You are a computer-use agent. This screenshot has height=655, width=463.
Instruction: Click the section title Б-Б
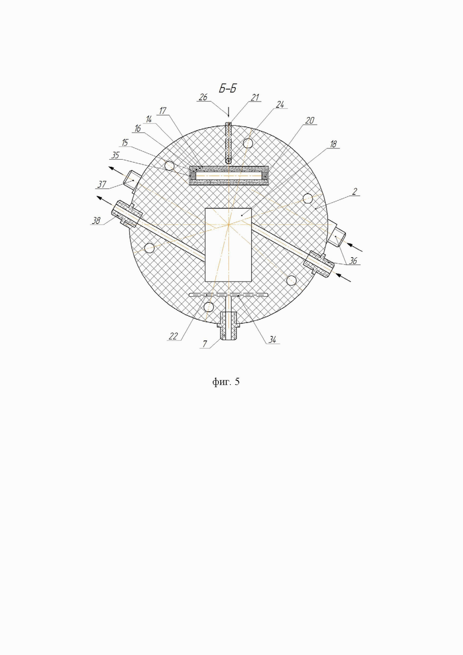228,88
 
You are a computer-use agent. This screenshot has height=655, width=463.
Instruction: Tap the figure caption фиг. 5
226,382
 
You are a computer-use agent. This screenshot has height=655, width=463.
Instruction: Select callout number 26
204,97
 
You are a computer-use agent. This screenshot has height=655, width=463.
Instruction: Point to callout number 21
255,97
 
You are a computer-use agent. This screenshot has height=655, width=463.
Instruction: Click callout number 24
280,105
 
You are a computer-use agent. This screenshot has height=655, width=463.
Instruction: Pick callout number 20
310,121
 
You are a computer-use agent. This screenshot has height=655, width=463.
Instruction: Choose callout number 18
333,144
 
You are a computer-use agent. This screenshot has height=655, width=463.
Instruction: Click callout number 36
353,261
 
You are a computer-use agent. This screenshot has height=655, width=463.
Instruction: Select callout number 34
272,340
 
